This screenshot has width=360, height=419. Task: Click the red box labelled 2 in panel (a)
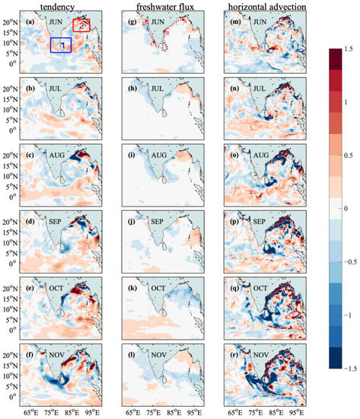click(81, 24)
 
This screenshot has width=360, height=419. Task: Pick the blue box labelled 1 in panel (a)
click(61, 45)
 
